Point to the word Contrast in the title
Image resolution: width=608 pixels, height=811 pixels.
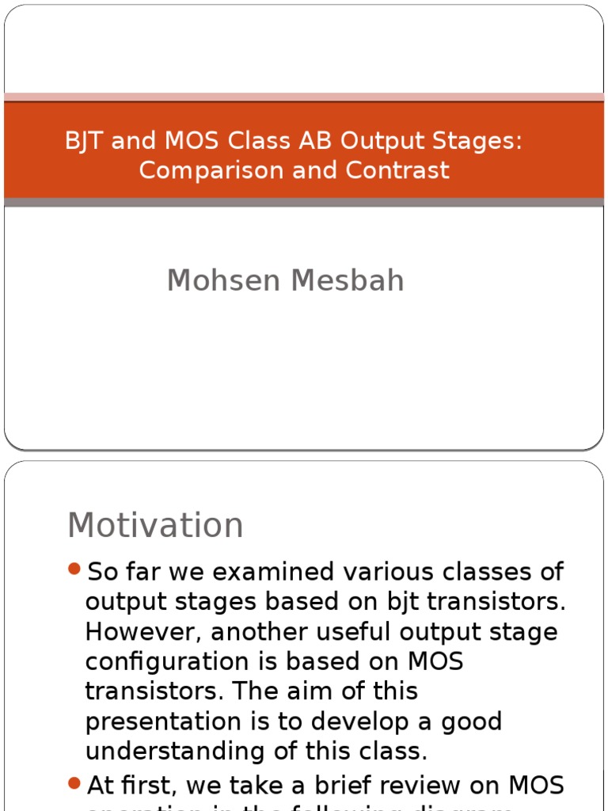tap(403, 169)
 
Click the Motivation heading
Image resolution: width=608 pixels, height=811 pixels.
tap(155, 525)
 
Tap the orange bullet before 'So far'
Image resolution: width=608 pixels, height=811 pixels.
tap(74, 569)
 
